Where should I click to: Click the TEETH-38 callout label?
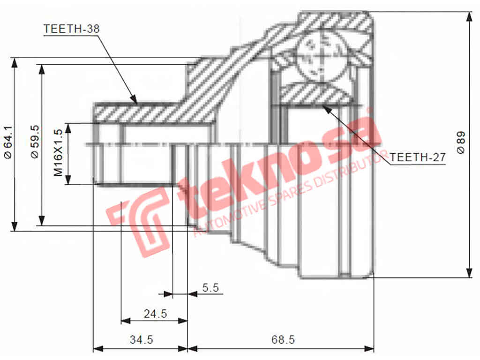click(71, 29)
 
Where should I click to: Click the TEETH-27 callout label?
click(417, 157)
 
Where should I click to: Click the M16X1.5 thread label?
click(58, 153)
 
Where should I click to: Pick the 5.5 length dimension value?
click(211, 288)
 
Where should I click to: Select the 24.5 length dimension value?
click(155, 314)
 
